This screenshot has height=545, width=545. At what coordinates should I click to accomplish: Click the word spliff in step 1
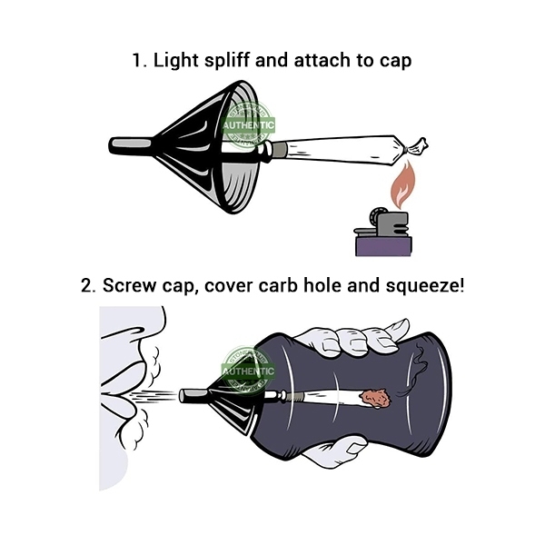226,60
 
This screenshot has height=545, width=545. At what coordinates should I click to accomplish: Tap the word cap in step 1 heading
395,61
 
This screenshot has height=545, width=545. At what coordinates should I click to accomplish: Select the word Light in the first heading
176,61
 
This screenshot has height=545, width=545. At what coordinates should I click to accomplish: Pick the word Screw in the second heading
129,286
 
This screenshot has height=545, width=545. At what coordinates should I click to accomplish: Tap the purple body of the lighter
383,246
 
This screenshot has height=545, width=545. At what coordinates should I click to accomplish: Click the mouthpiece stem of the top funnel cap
131,144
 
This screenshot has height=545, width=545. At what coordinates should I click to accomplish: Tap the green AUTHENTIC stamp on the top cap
248,125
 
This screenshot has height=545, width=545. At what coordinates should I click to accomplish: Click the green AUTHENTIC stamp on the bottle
248,372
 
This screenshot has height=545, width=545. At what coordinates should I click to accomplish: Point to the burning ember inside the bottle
376,398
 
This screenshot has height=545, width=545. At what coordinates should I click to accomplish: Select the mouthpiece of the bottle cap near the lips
193,395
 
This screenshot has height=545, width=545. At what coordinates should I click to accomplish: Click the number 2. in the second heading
88,286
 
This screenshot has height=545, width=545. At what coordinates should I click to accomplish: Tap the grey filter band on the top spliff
280,150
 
